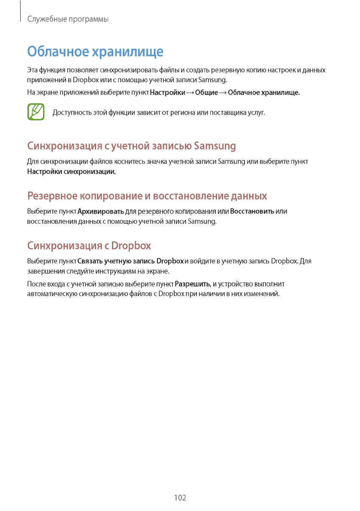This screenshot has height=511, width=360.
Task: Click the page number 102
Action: (180, 498)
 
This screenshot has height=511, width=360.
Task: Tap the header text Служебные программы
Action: (67, 20)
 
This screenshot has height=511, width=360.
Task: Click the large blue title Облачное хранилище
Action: (95, 52)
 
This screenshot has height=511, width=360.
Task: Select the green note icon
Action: (36, 112)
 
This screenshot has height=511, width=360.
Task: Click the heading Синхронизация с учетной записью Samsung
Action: (132, 146)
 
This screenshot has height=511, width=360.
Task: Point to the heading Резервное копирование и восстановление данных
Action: (147, 196)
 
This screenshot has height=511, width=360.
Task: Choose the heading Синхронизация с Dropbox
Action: (89, 246)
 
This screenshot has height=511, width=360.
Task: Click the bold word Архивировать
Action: (101, 211)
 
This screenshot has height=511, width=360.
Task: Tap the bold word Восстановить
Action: (252, 211)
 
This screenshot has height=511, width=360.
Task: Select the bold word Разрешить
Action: (193, 284)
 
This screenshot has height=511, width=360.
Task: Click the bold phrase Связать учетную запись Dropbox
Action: (130, 261)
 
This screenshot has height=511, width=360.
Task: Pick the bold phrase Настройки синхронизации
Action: (72, 172)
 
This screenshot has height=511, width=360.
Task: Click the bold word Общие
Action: (206, 93)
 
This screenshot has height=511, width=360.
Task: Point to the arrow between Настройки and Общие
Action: (190, 93)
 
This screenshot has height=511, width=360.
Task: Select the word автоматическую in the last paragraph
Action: (52, 294)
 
